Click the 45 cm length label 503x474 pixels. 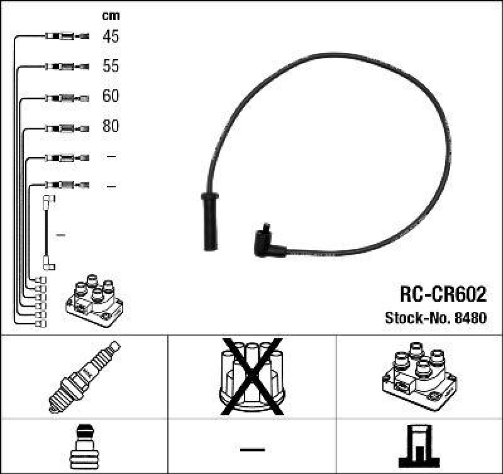point(111,36)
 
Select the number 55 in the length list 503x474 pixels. point(111,66)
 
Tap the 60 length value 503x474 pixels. point(111,96)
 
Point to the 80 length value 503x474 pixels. point(111,126)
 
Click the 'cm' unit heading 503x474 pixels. point(111,16)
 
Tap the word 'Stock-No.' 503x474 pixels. point(416,317)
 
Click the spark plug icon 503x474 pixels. point(84,377)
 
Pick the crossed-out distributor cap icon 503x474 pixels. point(251,376)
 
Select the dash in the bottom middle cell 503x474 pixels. point(251,449)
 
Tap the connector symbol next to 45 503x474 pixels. point(67,36)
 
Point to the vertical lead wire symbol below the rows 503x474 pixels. point(47,233)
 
